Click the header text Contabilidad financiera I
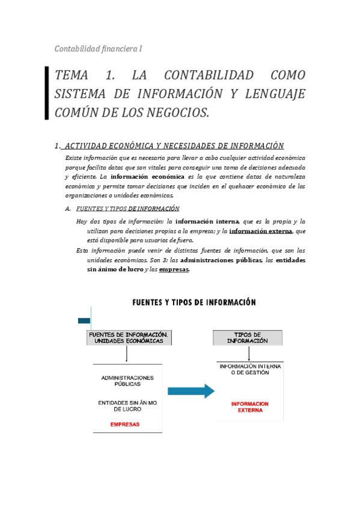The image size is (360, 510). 98,48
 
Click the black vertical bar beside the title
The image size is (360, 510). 47,93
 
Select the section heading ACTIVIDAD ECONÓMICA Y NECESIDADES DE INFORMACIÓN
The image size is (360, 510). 174,146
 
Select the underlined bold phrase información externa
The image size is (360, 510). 261,230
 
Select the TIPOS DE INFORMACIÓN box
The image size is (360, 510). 247,337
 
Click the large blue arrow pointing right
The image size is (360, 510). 191,391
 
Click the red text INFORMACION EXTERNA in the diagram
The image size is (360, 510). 249,407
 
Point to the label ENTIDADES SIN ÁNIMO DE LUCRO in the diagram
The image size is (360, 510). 127,406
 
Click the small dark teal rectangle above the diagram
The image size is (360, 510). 84,321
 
